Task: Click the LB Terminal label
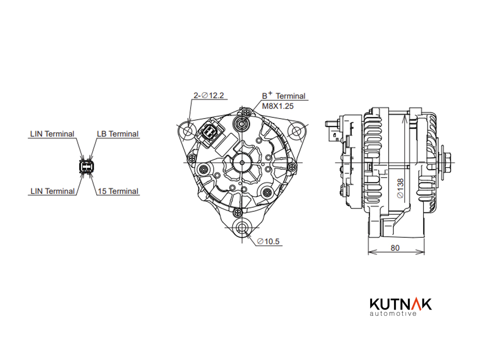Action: pyautogui.click(x=118, y=134)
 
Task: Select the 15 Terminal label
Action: pyautogui.click(x=118, y=192)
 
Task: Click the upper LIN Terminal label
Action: pyautogui.click(x=52, y=134)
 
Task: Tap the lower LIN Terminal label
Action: pyautogui.click(x=52, y=192)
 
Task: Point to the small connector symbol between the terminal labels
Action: pyautogui.click(x=86, y=167)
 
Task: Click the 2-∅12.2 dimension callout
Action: pyautogui.click(x=209, y=96)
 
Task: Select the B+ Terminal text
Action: pyautogui.click(x=284, y=96)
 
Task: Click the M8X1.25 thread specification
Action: pyautogui.click(x=277, y=106)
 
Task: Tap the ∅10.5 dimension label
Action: pyautogui.click(x=268, y=241)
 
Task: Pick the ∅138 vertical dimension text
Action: pyautogui.click(x=400, y=188)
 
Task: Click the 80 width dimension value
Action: pyautogui.click(x=395, y=248)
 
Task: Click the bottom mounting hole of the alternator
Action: pyautogui.click(x=242, y=228)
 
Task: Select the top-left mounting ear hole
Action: pyautogui.click(x=188, y=132)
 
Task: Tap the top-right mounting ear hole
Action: pyautogui.click(x=296, y=132)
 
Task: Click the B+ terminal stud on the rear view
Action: pyautogui.click(x=242, y=124)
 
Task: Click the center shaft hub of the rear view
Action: pyautogui.click(x=242, y=163)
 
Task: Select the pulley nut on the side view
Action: pyautogui.click(x=446, y=163)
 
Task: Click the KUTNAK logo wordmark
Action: pyautogui.click(x=401, y=304)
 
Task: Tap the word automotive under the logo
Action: pyautogui.click(x=393, y=313)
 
